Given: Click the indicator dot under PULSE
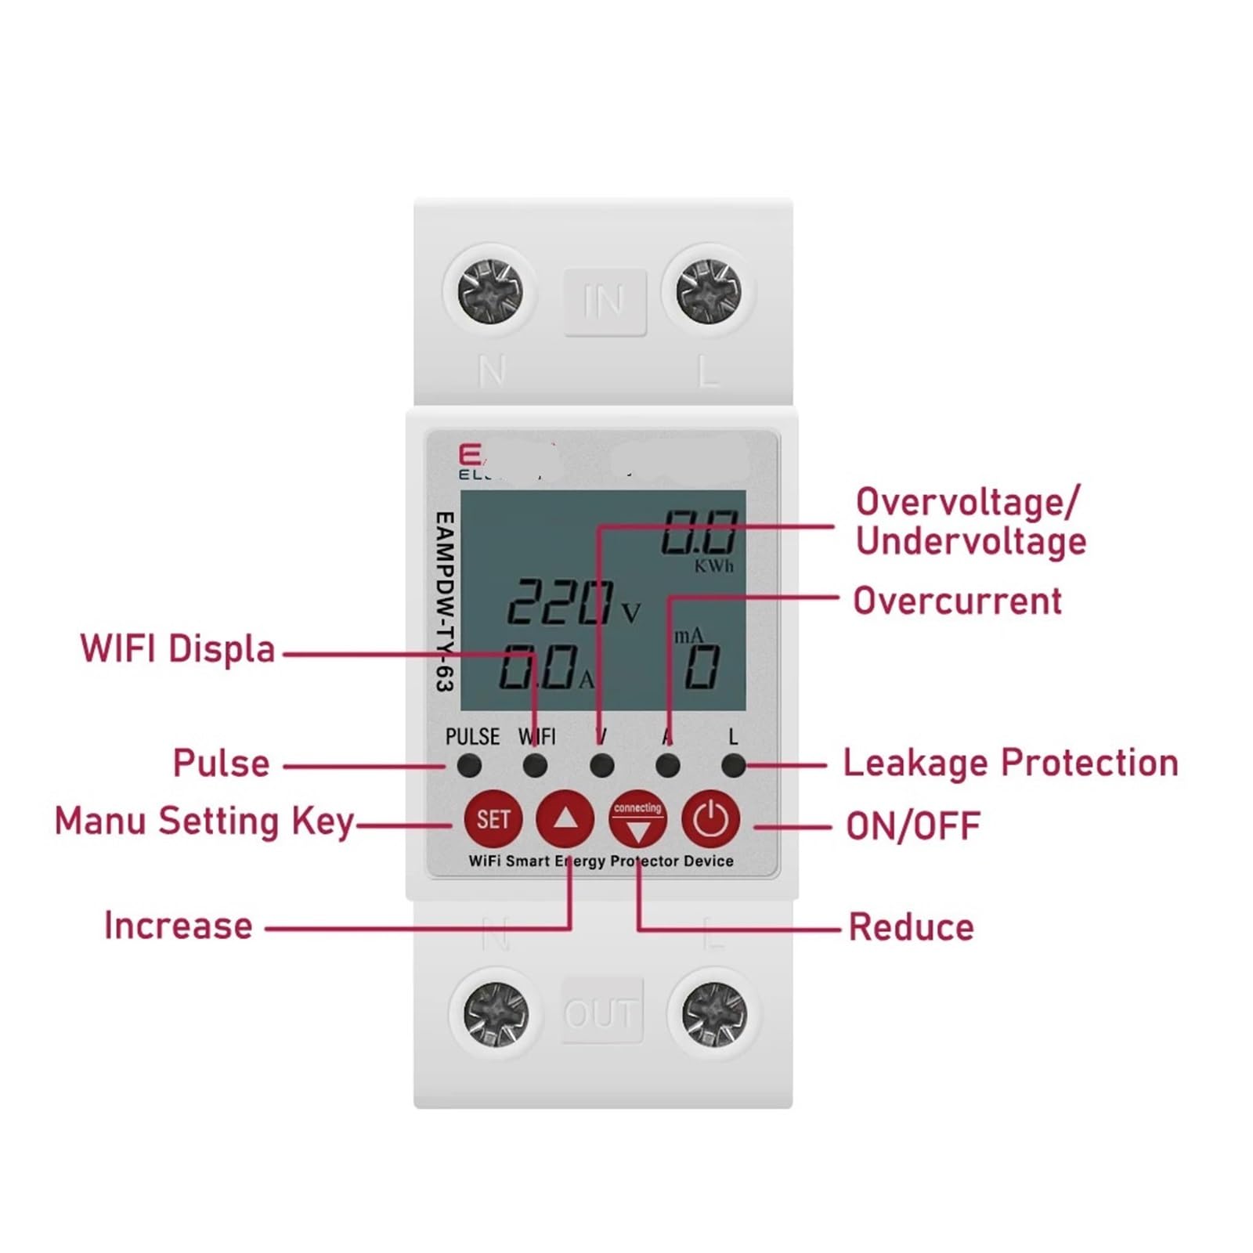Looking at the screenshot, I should click(469, 765).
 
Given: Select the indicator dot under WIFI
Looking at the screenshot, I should click(536, 765).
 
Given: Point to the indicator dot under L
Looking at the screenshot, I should click(733, 765).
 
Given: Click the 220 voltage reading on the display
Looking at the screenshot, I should click(561, 602).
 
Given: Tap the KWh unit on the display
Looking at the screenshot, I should click(714, 566).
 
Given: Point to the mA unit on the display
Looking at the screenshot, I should click(689, 636).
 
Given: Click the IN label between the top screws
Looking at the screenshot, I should click(604, 302).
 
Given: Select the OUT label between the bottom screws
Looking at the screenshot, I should click(601, 1013).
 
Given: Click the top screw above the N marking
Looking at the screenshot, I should click(490, 291).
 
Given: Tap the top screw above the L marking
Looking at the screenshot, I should click(708, 291).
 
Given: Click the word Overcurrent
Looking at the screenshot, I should click(957, 601).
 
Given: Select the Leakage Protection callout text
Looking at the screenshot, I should click(1010, 763).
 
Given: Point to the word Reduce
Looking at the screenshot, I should click(912, 927).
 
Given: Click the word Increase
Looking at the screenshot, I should click(179, 926).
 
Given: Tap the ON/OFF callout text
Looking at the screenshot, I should click(913, 826).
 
